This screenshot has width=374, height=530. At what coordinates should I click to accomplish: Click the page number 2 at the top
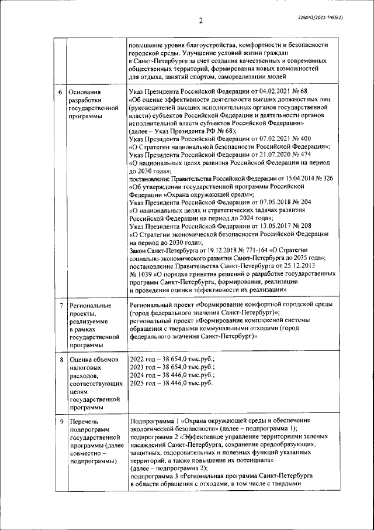click(200, 21)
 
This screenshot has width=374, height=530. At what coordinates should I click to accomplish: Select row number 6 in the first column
click(61, 92)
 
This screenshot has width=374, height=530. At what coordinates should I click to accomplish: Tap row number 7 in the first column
click(61, 305)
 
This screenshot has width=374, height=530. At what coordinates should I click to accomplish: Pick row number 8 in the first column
click(61, 358)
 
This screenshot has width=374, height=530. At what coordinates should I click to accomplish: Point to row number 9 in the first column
click(61, 421)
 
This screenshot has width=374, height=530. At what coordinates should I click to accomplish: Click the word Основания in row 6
click(85, 92)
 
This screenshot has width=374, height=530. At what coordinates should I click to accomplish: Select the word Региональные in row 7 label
click(90, 305)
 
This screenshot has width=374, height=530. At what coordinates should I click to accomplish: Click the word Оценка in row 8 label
click(81, 358)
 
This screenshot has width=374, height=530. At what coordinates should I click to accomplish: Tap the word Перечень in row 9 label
click(85, 421)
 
